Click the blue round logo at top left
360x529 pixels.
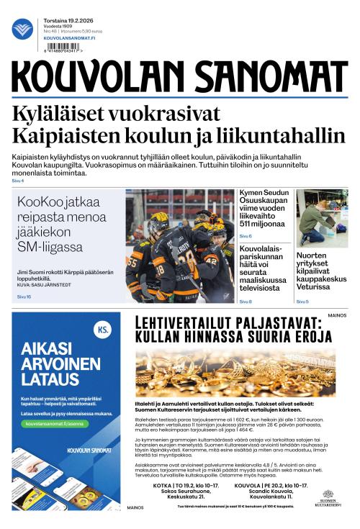point(22,29)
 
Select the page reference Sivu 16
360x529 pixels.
point(24,297)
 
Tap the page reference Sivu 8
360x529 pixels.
point(246,302)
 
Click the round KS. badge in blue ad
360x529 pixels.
point(103,330)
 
